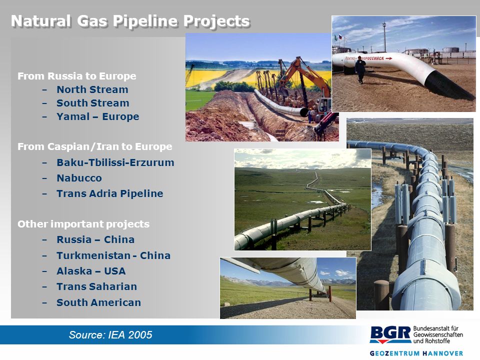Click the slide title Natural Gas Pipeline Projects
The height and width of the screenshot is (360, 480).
(130, 21)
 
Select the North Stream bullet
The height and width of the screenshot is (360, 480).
(92, 89)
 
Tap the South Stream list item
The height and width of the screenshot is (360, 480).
(93, 103)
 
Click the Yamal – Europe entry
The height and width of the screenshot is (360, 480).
(97, 116)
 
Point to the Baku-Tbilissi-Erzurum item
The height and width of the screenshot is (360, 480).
(115, 162)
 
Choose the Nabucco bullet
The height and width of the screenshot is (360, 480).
(79, 178)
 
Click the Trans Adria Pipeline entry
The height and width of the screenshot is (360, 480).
(110, 193)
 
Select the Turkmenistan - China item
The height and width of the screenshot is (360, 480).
(113, 255)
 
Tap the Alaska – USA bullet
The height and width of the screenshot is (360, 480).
(91, 271)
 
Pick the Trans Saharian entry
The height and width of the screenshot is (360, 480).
(96, 286)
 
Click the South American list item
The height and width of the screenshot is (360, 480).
(99, 302)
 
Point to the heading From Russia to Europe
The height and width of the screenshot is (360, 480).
(77, 76)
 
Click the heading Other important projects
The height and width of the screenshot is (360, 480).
(83, 224)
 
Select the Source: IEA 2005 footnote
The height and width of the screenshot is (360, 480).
(110, 334)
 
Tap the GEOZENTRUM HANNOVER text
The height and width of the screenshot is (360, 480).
(416, 353)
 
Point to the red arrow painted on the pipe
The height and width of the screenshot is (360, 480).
(389, 58)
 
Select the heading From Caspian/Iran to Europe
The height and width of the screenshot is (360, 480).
(95, 146)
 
